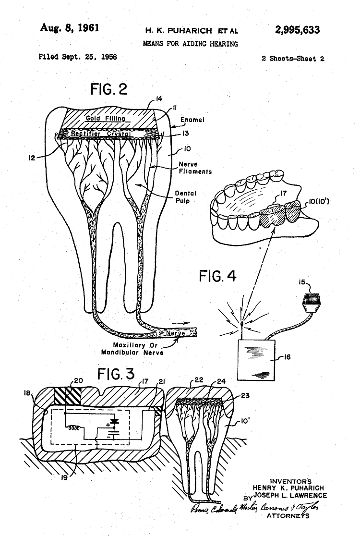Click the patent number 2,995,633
pos(297,30)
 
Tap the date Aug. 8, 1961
pos(69,27)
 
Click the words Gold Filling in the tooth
pos(105,118)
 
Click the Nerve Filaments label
pos(195,168)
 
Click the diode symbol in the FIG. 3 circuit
pos(114,421)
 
